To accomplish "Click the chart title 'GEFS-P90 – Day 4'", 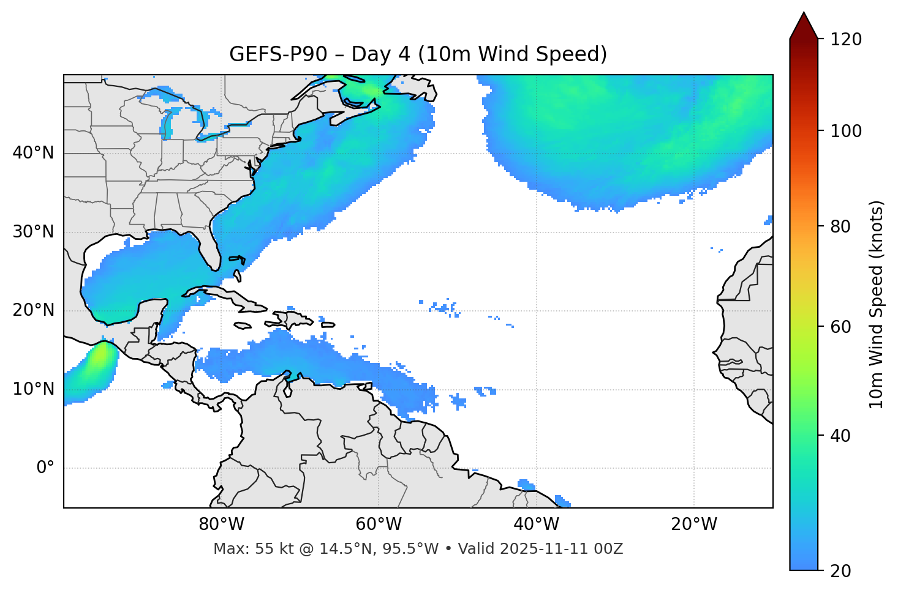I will (319, 54).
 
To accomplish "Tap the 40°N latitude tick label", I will (33, 153).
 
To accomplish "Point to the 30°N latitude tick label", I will (33, 232).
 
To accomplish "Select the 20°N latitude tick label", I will (33, 310).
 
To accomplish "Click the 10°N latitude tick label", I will (33, 389).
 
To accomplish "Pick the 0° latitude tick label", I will (45, 468).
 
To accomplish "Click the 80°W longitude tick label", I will (221, 524).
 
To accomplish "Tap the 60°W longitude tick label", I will (379, 524).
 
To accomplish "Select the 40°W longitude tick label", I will (536, 524).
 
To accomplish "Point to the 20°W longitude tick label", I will (693, 524).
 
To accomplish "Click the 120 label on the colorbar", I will (846, 40).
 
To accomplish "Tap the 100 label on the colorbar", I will (846, 131).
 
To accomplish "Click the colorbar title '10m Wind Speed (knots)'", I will (877, 304).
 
